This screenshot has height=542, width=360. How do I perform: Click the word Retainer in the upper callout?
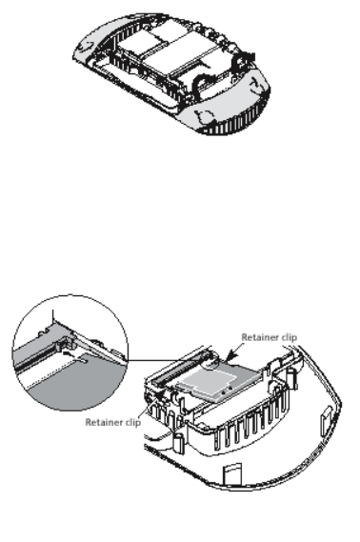[259, 337]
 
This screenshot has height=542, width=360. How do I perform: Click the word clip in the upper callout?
[289, 337]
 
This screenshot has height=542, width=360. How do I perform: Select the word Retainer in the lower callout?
[103, 422]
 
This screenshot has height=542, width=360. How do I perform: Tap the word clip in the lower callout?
[132, 422]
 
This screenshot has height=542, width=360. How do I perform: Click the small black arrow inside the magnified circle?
[69, 353]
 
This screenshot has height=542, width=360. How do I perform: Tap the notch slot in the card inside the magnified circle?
[82, 358]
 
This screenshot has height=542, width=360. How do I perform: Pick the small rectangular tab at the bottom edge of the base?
[232, 475]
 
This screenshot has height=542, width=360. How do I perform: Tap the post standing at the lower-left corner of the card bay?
[178, 443]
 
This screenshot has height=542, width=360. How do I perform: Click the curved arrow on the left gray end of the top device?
[87, 46]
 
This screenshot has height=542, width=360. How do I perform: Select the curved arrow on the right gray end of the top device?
[257, 84]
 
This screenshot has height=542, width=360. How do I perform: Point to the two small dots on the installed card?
[227, 391]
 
